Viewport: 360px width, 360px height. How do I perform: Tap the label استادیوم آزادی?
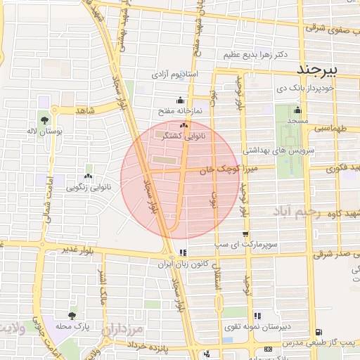click(175, 74)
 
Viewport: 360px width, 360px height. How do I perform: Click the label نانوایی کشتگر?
click(184, 136)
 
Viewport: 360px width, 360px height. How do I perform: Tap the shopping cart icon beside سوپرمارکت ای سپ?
click(245, 234)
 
